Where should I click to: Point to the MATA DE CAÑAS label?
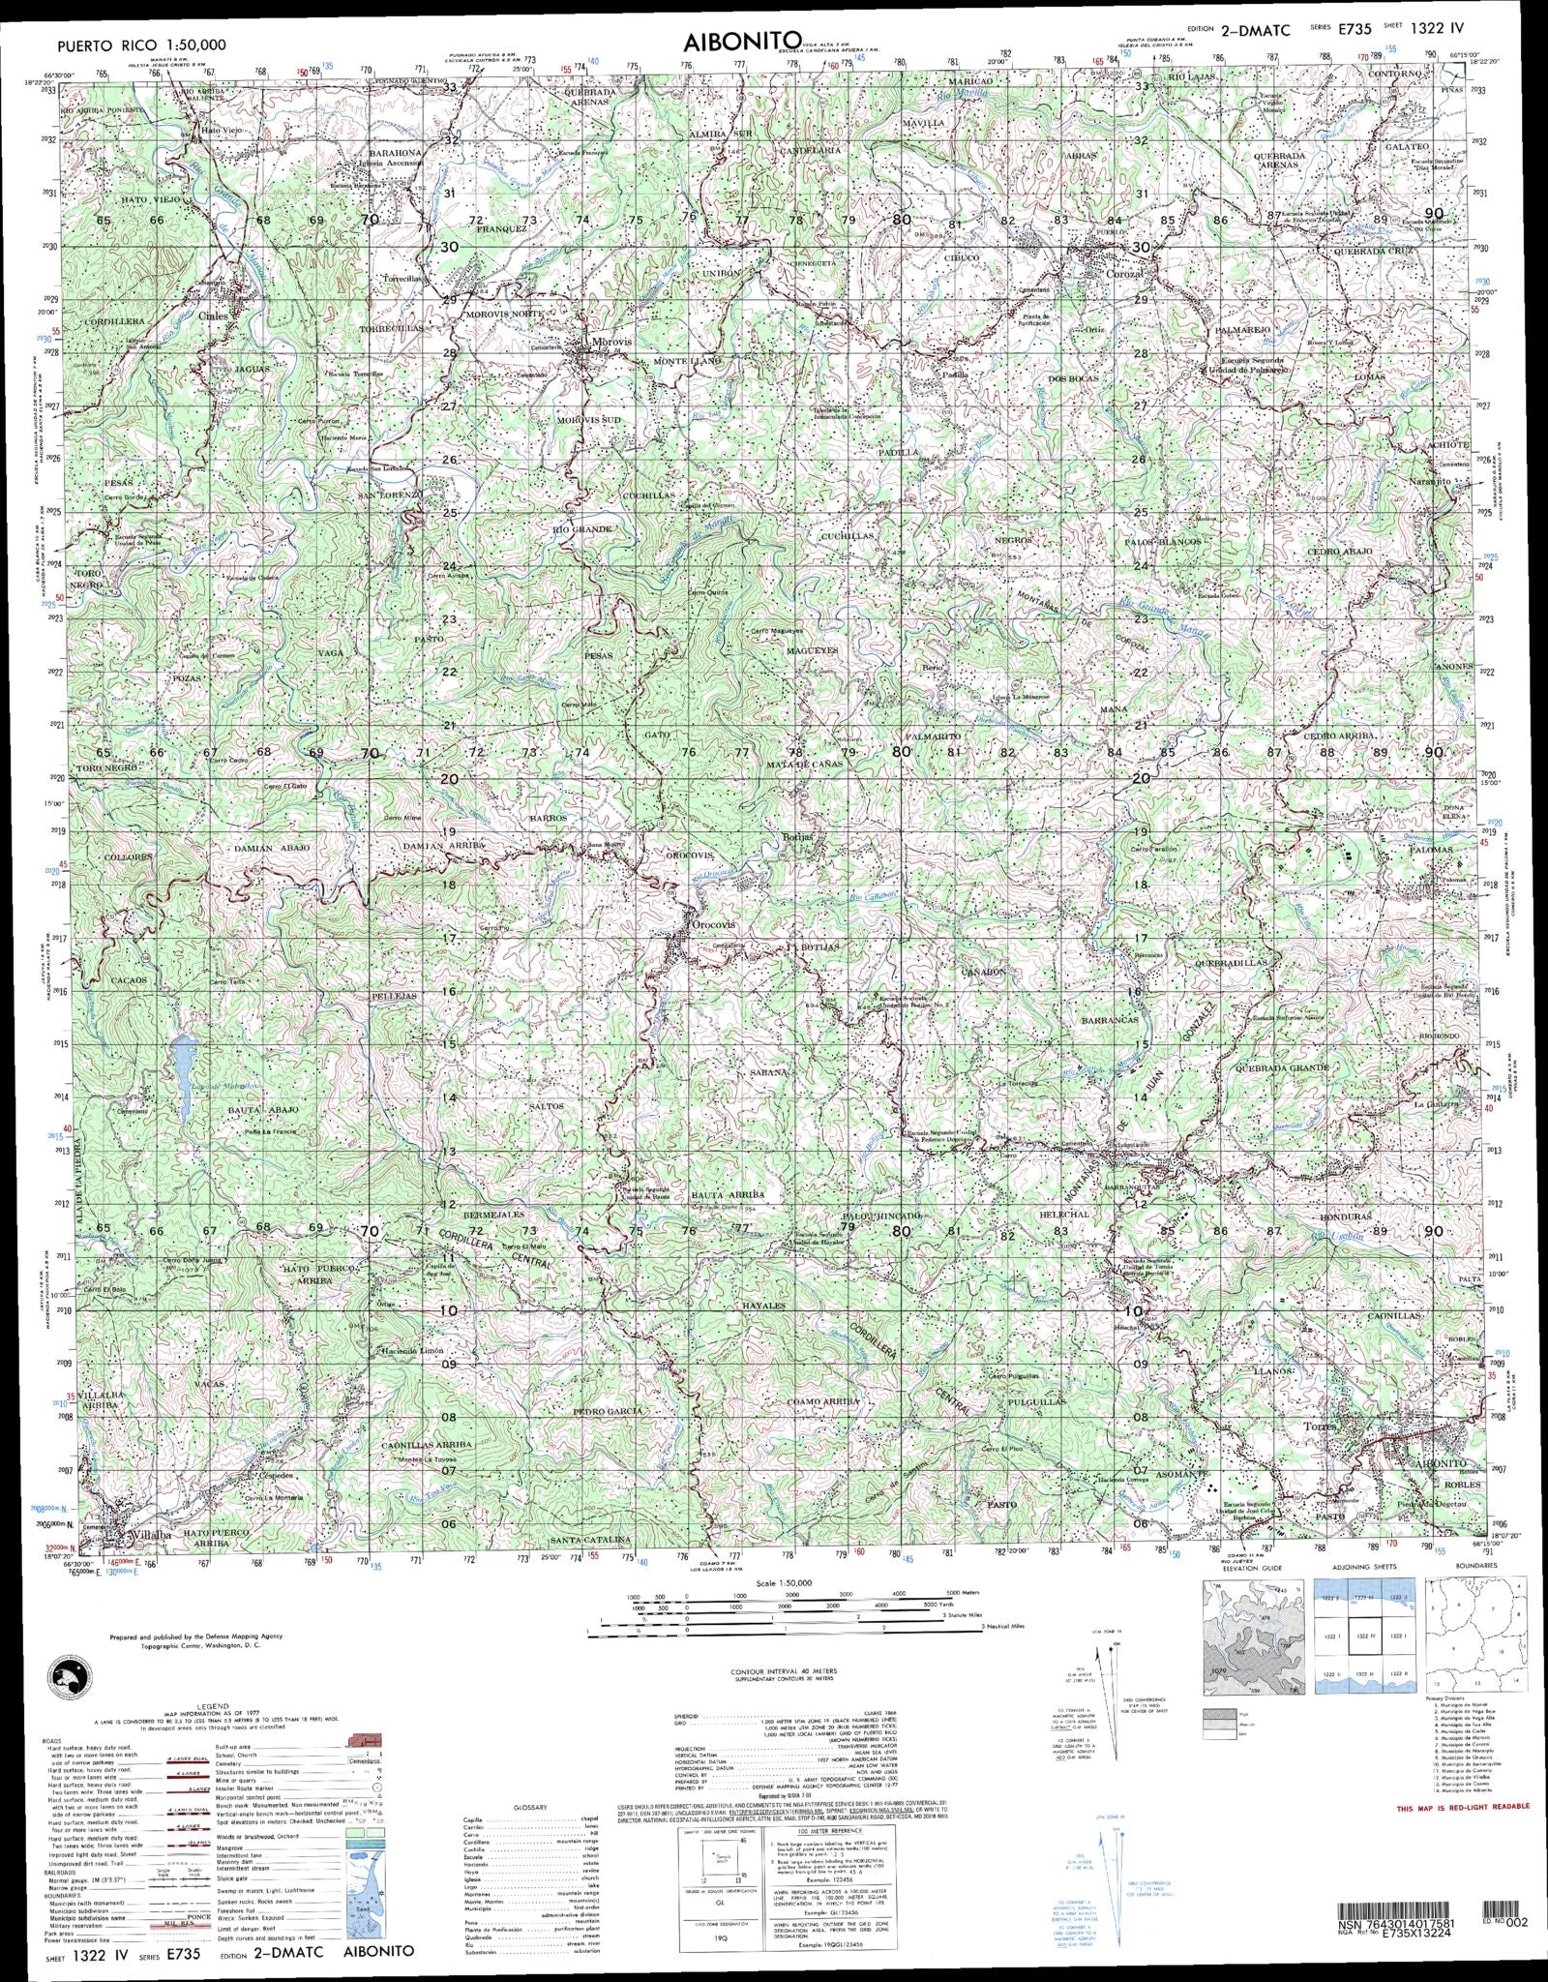805,765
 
